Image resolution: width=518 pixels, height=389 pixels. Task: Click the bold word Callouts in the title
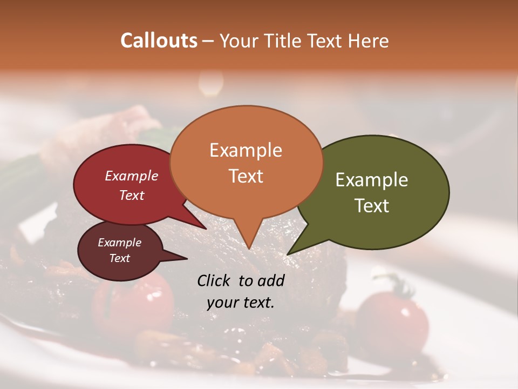click(x=159, y=41)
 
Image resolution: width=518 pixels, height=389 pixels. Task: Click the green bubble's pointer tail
click(x=294, y=250)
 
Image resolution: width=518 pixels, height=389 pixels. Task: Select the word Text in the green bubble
click(x=372, y=205)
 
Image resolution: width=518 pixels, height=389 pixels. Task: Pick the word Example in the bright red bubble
click(x=131, y=176)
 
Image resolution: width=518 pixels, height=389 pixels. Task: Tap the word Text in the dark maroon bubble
click(x=119, y=258)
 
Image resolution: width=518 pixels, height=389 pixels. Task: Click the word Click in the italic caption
click(x=214, y=280)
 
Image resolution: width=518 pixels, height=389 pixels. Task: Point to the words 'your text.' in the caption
click(x=241, y=303)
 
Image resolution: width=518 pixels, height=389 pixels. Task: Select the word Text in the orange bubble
click(x=246, y=176)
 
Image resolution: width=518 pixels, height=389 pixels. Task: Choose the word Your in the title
click(x=240, y=41)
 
